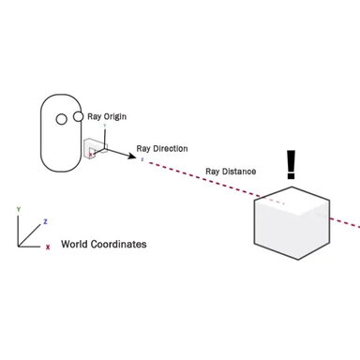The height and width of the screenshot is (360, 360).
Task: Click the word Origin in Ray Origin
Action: tap(114, 117)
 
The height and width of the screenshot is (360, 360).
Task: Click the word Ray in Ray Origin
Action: tap(94, 117)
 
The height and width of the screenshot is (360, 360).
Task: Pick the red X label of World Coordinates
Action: tap(48, 247)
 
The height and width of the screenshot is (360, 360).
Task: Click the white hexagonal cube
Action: tap(292, 225)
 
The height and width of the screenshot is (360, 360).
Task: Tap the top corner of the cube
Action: tap(292, 186)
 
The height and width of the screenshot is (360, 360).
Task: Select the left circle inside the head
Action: tap(62, 119)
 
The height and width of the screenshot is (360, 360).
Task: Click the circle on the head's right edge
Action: tap(80, 116)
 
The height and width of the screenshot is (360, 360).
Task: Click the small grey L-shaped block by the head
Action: tap(92, 150)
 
